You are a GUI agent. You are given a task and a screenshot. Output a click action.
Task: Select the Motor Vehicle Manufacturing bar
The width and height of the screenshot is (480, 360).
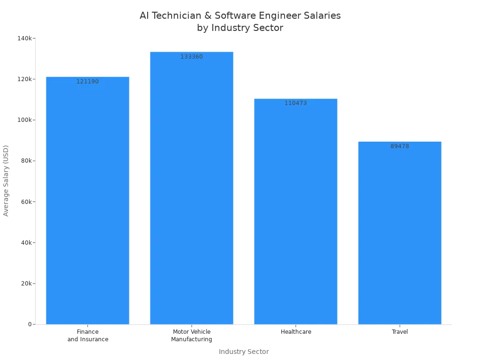pos(192,188)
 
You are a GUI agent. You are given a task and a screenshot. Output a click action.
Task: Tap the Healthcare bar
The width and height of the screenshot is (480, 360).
pos(296,211)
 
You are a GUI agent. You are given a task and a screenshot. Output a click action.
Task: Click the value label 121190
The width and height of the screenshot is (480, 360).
pos(88,82)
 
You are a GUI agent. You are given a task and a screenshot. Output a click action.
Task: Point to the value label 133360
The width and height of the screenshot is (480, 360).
pos(192,57)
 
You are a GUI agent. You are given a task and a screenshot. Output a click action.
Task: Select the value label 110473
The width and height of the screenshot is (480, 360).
pos(296,103)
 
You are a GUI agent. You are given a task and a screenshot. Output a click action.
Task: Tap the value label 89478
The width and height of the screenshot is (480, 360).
pos(400,146)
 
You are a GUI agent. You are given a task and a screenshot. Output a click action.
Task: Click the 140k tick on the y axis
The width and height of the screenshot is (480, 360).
pos(25,38)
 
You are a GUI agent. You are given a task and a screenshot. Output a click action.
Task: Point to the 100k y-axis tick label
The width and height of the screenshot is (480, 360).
pos(25,120)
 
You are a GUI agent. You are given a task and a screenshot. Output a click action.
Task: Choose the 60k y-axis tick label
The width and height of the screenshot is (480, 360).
pos(26,202)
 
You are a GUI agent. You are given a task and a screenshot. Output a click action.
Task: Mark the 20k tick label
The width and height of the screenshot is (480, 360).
pos(26,284)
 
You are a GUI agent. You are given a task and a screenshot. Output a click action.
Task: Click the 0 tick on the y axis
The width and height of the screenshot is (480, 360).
pos(30,324)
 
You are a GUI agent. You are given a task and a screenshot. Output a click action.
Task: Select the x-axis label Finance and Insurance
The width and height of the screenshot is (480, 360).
pos(88,336)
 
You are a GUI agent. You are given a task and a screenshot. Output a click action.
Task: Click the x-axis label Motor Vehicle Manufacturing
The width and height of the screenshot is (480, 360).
pos(192,336)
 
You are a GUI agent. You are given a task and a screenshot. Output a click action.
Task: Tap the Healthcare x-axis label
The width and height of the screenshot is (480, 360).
pos(296,332)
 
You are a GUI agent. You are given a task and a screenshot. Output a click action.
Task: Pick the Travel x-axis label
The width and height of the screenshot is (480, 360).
pos(400,332)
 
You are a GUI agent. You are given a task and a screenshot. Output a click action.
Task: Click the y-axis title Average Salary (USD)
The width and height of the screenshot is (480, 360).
pos(6,180)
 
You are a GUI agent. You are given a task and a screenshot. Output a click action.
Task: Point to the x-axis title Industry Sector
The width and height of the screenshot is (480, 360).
pos(244,352)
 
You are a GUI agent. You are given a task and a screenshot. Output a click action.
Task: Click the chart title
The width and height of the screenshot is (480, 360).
pos(240,22)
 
